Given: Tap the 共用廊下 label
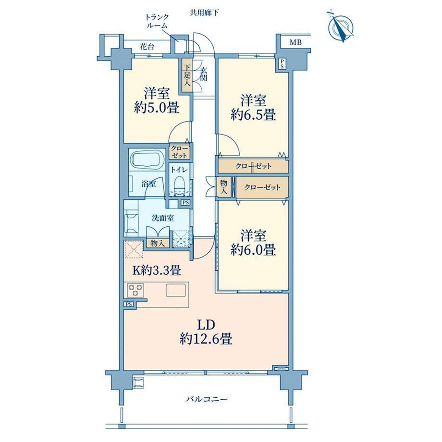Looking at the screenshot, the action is point(204,12).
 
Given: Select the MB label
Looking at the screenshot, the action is point(295,43).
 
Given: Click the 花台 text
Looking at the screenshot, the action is point(147,47).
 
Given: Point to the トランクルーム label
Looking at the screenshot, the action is point(157,21).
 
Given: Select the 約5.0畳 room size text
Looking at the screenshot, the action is point(157,108).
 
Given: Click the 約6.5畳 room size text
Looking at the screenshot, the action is point(253,115).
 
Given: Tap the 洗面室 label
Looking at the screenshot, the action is point(163,218).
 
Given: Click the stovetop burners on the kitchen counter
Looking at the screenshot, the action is point(135,290).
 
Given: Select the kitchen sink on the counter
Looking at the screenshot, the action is point(176,290).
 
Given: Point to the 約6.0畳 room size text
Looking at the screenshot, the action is point(253,250).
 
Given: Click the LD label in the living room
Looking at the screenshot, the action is point(206,325).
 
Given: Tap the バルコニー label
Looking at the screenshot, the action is point(206,399).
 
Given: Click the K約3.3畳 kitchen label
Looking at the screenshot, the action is point(157,270).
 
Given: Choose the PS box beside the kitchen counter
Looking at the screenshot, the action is point(129,304).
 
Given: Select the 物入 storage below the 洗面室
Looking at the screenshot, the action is point(158,243).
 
